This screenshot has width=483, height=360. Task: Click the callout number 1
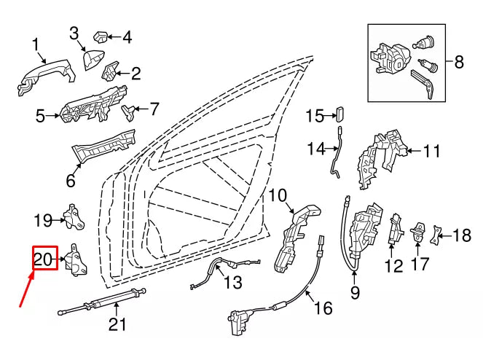[36, 44]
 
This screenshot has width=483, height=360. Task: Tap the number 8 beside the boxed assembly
[459, 62]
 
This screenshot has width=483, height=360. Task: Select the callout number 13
[232, 282]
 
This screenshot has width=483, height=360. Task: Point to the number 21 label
[117, 324]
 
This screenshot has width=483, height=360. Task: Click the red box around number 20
[45, 258]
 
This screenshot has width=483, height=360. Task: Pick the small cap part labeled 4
[100, 36]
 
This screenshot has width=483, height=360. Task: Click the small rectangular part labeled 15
[339, 114]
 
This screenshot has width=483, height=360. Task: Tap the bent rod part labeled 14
[336, 152]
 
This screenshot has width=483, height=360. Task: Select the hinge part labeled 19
[74, 216]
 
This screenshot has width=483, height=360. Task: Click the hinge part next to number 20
[76, 259]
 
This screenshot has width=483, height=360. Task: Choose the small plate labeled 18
[436, 235]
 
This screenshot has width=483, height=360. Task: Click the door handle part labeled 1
[46, 76]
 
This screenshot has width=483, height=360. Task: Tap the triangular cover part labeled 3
[94, 60]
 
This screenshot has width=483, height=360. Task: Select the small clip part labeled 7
[129, 112]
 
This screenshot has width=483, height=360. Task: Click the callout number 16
[323, 308]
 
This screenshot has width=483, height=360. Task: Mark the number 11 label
[431, 151]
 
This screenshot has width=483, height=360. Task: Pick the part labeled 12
[395, 227]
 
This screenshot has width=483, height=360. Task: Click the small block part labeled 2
[110, 71]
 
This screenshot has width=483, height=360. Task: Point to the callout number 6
[71, 180]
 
